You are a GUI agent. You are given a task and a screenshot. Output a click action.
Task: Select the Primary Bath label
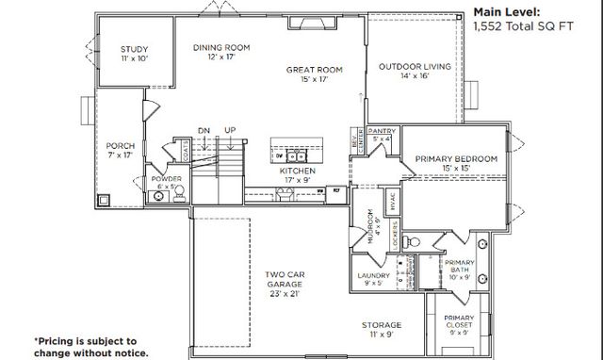[460, 267]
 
